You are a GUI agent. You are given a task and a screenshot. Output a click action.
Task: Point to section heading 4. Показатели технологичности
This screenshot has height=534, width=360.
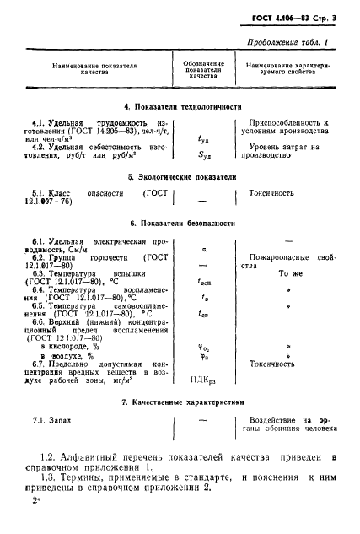(x=180, y=107)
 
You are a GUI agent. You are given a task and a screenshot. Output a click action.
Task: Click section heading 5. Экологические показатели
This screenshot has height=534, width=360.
(x=180, y=176)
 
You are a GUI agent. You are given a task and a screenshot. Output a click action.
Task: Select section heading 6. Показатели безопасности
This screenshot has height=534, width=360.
(x=180, y=223)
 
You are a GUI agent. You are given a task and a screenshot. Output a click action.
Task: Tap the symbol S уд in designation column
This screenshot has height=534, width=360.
(x=201, y=154)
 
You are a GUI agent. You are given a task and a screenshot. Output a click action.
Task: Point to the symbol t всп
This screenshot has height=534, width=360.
(x=202, y=284)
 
